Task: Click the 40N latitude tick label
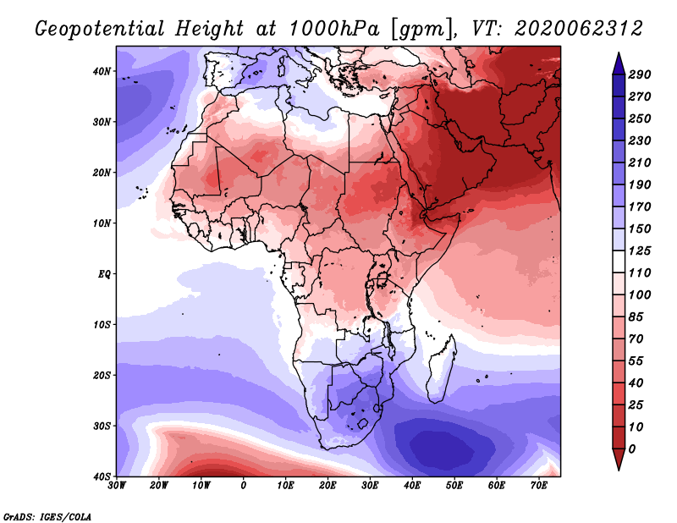pyautogui.click(x=102, y=71)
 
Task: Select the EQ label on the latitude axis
pyautogui.click(x=105, y=274)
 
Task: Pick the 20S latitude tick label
pyautogui.click(x=102, y=375)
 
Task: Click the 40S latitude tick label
pyautogui.click(x=102, y=476)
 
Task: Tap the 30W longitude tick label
pyautogui.click(x=117, y=486)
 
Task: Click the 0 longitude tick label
pyautogui.click(x=244, y=486)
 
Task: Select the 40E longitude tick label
pyautogui.click(x=412, y=486)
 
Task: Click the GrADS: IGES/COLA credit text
pyautogui.click(x=47, y=515)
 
